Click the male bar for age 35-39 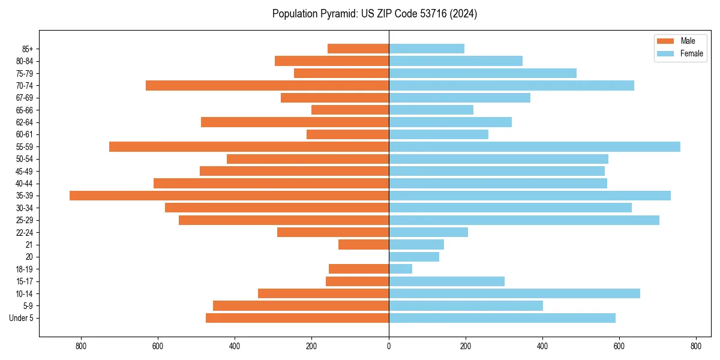pos(229,196)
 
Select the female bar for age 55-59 pos(535,146)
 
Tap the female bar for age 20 pos(414,257)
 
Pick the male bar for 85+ pos(358,49)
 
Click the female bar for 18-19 pos(401,269)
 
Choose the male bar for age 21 pos(364,244)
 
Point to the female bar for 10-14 pos(514,293)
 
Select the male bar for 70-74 pos(267,85)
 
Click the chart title pos(374,14)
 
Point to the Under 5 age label pos(22,318)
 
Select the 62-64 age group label pos(25,122)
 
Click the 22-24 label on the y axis pos(25,232)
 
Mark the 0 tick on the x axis pos(389,346)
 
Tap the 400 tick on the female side pos(542,346)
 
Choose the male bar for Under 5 pos(297,318)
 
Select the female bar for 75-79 pos(482,73)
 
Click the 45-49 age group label pos(25,171)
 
